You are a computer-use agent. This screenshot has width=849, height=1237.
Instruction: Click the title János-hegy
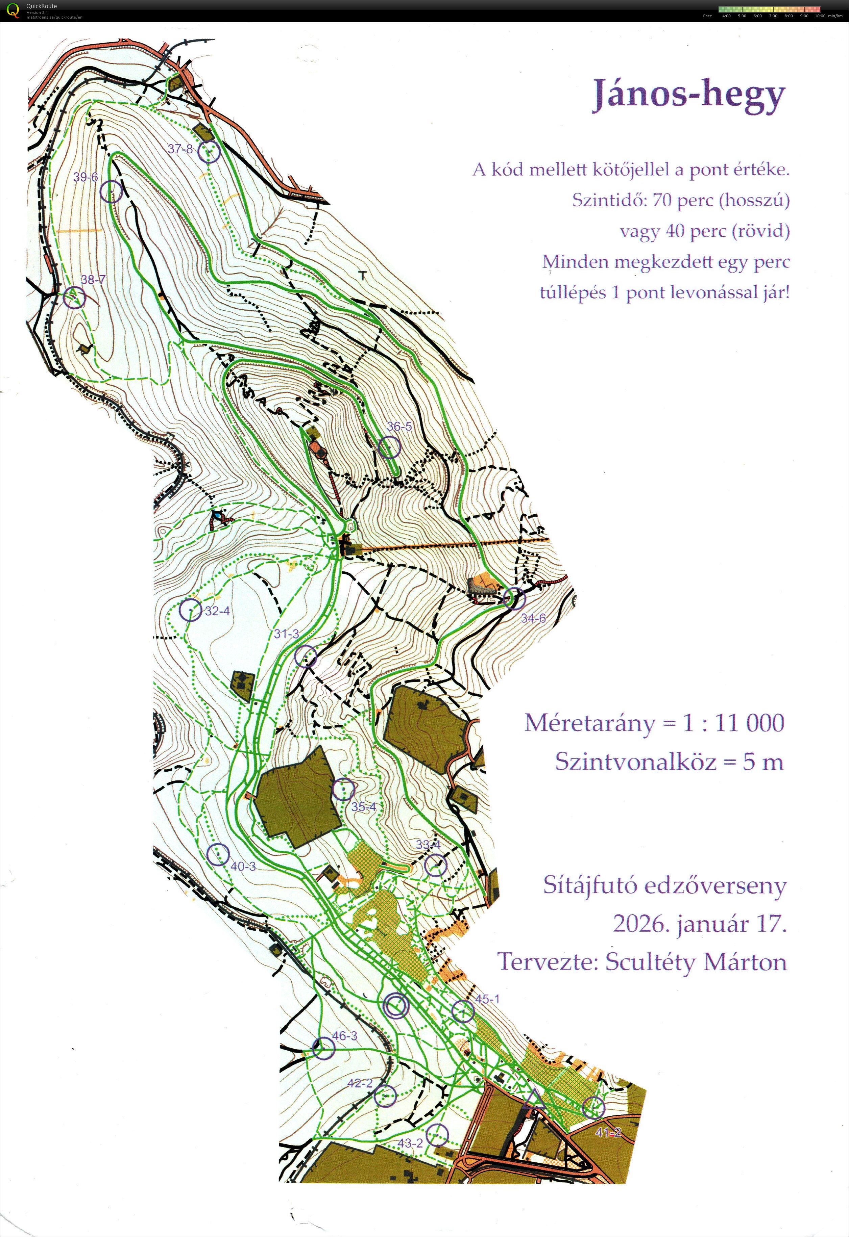coord(689,95)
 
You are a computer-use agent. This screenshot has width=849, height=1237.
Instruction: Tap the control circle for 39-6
coord(111,191)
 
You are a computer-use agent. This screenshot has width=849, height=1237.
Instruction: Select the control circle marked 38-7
coord(74,298)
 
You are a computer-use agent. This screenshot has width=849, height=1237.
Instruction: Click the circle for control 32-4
coord(190,610)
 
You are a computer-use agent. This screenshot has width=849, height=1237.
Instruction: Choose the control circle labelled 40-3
coord(217,854)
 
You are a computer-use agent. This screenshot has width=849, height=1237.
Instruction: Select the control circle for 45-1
coord(463,1011)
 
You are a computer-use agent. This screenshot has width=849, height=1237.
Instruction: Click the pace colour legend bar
coord(770,9)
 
